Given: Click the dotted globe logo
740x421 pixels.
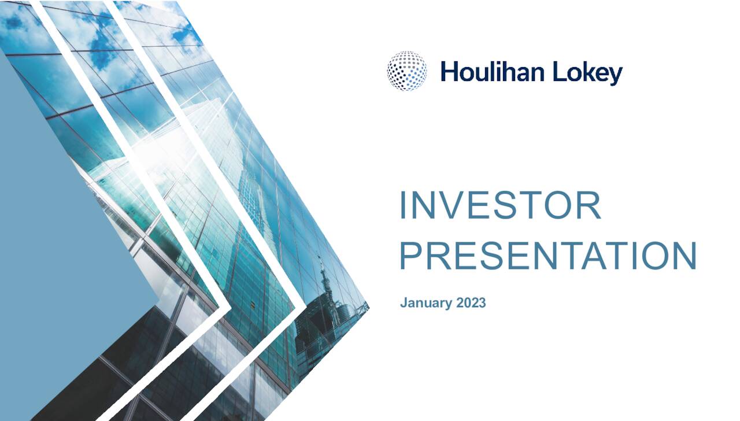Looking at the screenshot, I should point(407,71).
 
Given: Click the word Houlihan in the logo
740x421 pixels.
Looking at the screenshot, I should point(491,72).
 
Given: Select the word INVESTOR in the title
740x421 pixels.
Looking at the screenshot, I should point(500,206).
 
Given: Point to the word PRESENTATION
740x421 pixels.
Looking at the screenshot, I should point(548,256).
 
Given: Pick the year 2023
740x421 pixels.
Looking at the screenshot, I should point(471,302).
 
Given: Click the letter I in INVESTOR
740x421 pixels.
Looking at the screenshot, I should point(404,206).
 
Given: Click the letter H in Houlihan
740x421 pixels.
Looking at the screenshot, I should point(449,72).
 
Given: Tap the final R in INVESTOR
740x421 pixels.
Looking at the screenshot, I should point(589,206).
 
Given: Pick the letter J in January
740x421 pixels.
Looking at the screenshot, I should point(404,302).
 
